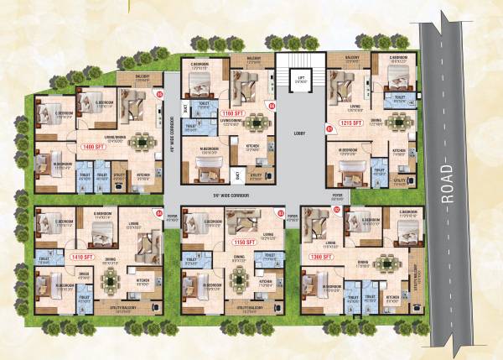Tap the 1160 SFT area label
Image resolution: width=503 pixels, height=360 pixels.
(231, 112)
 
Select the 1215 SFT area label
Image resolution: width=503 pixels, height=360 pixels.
(350, 123)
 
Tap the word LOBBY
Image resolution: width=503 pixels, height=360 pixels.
(301, 133)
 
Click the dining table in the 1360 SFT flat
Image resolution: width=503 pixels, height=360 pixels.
(386, 262)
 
